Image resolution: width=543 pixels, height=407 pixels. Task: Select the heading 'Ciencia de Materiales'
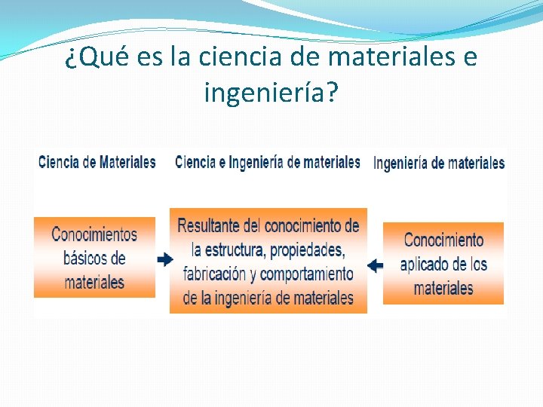coord(97,162)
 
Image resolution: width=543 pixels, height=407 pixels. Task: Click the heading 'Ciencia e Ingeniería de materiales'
coord(268,162)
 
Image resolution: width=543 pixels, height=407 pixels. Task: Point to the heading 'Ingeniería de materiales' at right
coord(439,163)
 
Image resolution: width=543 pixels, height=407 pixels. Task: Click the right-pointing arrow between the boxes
coord(164,260)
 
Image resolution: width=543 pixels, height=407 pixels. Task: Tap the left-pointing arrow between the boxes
coord(375,265)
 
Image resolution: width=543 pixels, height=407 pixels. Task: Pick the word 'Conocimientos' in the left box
coord(94,234)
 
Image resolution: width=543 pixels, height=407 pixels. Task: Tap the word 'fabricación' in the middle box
coord(213,274)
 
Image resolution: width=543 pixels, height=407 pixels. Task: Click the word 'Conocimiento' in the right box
coord(443,240)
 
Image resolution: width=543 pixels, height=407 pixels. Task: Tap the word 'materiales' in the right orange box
coord(443,288)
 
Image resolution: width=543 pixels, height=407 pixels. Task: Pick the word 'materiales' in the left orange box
coord(94,283)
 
